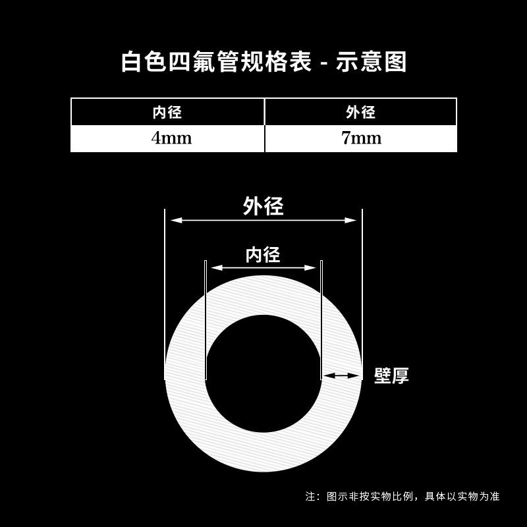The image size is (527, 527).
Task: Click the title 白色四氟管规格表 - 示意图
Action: pos(263,62)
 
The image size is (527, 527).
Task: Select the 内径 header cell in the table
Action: pos(167,112)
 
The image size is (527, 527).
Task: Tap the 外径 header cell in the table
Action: pos(360,112)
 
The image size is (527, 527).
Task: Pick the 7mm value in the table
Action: pos(360,139)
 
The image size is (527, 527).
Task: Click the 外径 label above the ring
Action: pos(263,206)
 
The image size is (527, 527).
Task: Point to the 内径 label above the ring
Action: pos(263,254)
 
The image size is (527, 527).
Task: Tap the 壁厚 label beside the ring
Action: pos(391,375)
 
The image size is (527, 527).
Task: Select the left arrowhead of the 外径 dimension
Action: pos(174,221)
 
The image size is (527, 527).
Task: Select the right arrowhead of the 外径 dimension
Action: pos(352,221)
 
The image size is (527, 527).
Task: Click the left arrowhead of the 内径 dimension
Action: pos(215,267)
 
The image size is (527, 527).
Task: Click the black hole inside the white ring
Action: pos(263,374)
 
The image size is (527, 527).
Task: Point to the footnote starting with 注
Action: pos(402,496)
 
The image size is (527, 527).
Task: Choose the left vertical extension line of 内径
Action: pos(206,316)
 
